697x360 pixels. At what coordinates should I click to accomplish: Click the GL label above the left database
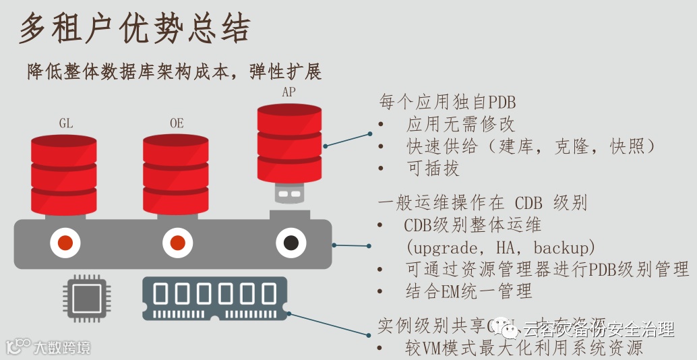click(65, 123)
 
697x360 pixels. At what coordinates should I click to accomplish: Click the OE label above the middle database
click(177, 123)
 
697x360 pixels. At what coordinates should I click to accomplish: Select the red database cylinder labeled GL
click(64, 175)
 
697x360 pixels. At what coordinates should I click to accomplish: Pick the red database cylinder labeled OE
click(175, 175)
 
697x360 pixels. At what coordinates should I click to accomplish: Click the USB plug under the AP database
click(290, 194)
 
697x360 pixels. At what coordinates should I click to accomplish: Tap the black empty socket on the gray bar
click(291, 243)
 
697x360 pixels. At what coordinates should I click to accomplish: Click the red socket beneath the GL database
click(65, 243)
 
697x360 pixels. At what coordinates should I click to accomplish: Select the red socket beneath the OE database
click(177, 243)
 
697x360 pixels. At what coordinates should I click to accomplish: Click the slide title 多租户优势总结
click(135, 29)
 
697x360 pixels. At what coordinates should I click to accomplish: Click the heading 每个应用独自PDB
click(448, 102)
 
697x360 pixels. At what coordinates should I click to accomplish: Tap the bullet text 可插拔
click(433, 168)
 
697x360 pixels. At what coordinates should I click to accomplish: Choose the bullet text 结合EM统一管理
click(468, 291)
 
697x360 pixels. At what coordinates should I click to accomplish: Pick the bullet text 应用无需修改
click(460, 124)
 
